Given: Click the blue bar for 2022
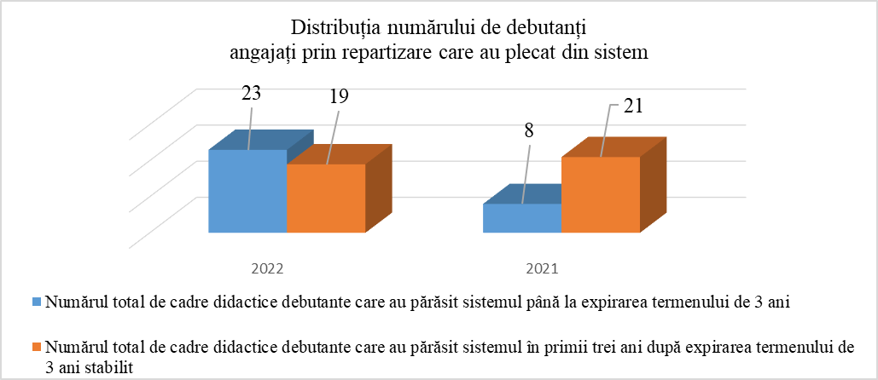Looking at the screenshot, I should (247, 191).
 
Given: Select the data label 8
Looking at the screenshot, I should (530, 133).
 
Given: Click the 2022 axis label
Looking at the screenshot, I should (266, 268).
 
